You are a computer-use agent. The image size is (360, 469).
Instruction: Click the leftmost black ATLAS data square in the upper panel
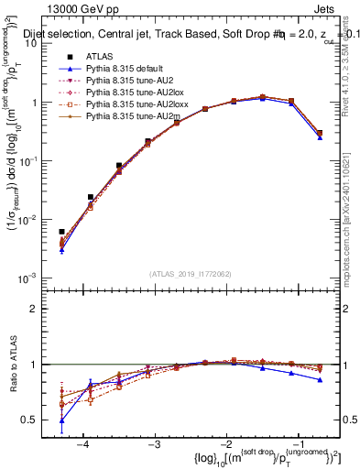coord(61,232)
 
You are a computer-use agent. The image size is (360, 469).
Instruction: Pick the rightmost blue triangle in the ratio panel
coord(320,379)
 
